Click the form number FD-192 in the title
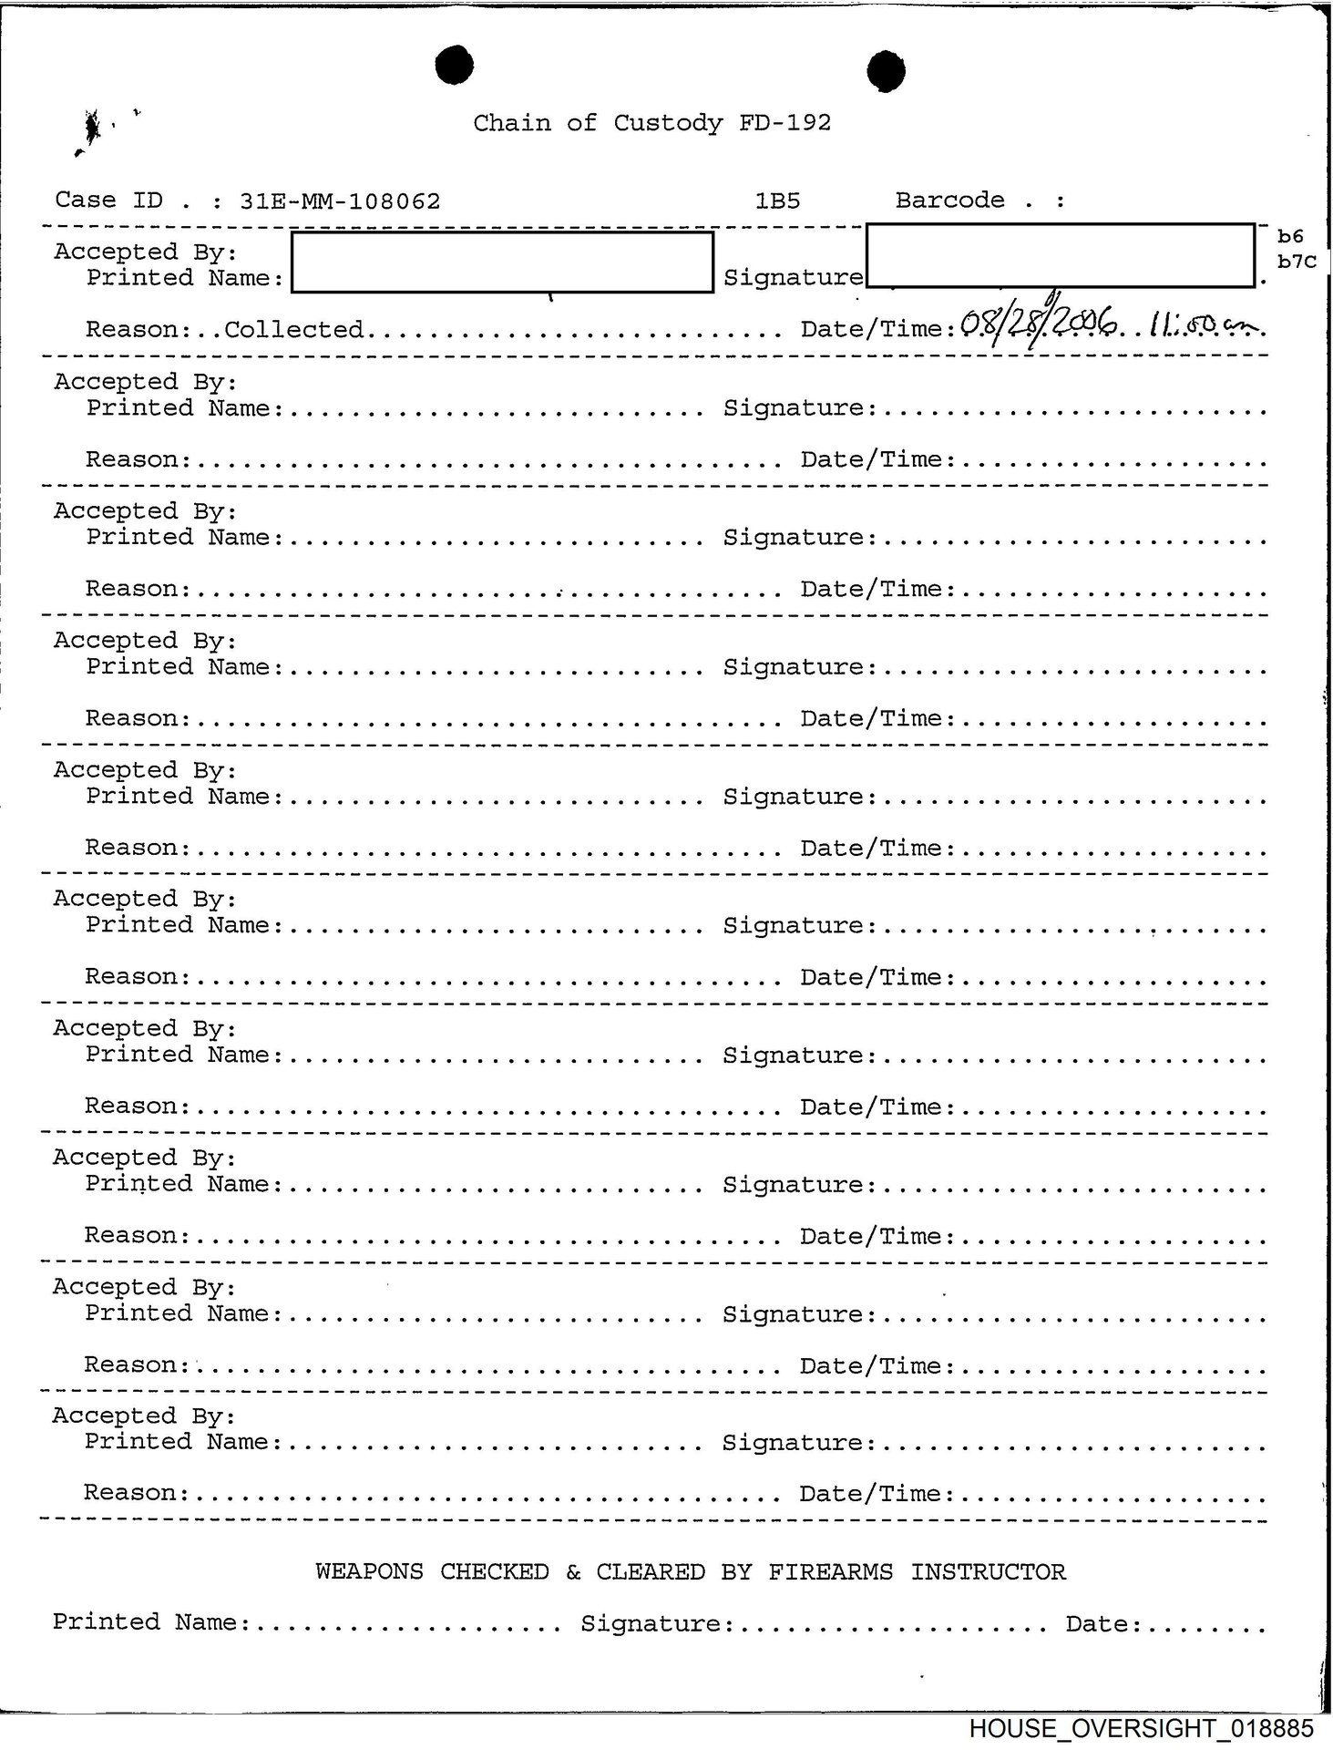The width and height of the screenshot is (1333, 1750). click(x=784, y=123)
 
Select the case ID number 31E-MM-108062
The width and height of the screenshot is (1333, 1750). click(x=340, y=201)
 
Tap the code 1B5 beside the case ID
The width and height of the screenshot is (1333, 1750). click(x=777, y=201)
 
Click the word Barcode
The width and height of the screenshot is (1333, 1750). click(x=949, y=201)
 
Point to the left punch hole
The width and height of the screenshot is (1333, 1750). click(x=454, y=66)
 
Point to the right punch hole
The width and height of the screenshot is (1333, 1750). click(x=885, y=71)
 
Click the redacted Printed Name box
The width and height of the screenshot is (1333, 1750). click(x=502, y=262)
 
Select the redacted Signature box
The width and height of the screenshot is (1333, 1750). click(x=1060, y=255)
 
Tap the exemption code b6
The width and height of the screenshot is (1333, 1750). click(x=1290, y=237)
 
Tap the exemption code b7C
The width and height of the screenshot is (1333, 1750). click(x=1297, y=262)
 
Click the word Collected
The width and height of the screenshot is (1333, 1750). click(x=293, y=329)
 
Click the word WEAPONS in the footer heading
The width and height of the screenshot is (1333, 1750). click(x=369, y=1572)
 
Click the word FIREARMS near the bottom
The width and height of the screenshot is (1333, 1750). click(x=830, y=1572)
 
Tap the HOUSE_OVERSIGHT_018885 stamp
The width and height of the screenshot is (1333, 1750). click(x=1141, y=1729)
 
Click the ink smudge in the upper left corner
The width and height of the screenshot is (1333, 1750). click(x=91, y=129)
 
